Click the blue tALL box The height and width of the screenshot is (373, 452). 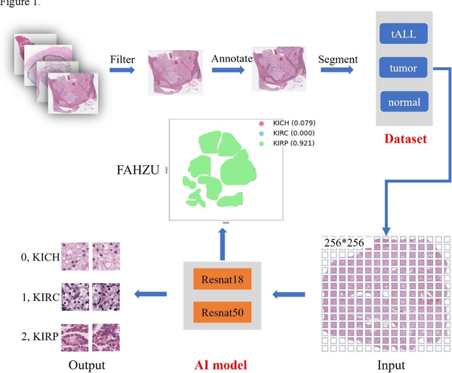point(404,34)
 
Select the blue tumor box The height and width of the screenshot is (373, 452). point(404,69)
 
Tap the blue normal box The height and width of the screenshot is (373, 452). point(404,102)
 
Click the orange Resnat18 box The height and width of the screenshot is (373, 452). point(222,280)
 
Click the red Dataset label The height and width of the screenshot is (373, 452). point(405,138)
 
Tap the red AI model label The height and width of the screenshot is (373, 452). point(222,365)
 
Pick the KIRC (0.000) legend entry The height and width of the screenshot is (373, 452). point(288,133)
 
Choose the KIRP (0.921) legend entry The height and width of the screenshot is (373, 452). point(288,143)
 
